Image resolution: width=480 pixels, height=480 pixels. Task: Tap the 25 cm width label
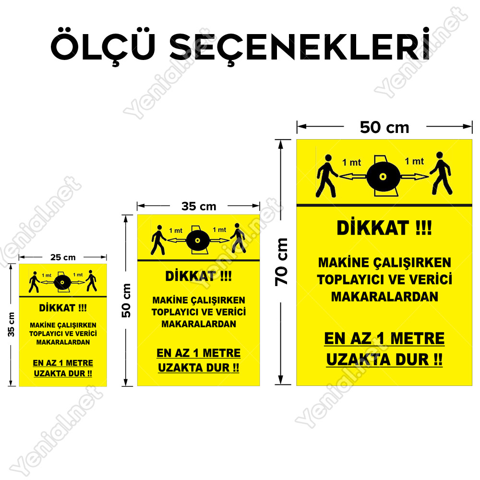pos(63,257)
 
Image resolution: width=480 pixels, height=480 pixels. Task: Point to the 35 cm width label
pos(199,206)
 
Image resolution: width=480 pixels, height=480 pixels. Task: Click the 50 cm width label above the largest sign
pos(384,127)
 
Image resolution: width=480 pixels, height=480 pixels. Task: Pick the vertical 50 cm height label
pos(126,300)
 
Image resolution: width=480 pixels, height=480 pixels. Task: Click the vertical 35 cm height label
pos(11,324)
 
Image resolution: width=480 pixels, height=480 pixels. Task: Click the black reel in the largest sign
pos(383,176)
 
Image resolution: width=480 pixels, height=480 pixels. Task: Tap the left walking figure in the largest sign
pos(326,176)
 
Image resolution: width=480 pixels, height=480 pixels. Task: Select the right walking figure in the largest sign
pos(441,173)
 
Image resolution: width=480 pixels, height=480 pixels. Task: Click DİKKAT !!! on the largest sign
pos(384,228)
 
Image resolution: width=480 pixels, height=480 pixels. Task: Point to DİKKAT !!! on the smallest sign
pos(63,308)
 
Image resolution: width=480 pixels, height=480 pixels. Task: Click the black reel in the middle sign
pos(198,240)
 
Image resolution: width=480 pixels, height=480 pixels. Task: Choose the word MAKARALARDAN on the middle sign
pos(199,324)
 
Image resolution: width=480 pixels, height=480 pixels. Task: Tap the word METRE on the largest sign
pos(417,338)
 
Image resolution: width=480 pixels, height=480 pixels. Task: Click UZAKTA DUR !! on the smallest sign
pos(63,373)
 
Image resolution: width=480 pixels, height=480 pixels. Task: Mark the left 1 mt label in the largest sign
pos(351,162)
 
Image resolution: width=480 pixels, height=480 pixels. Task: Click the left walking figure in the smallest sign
pos(34,282)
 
